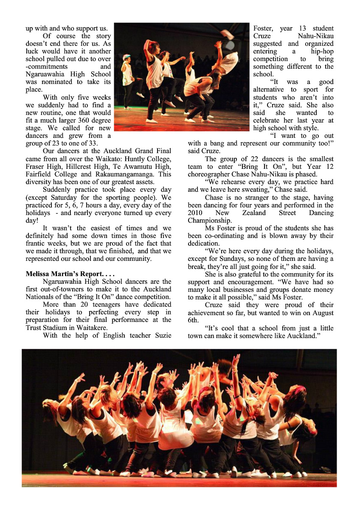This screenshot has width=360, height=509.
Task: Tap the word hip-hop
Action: tap(322, 51)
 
